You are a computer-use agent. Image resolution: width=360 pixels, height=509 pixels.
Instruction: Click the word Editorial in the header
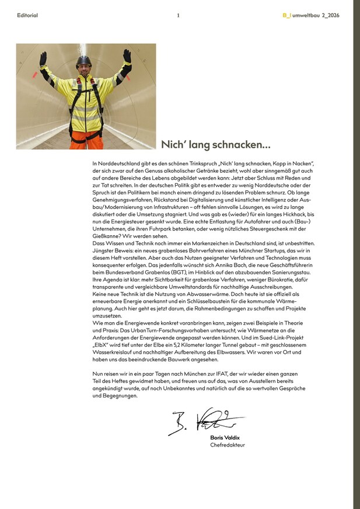point(27,16)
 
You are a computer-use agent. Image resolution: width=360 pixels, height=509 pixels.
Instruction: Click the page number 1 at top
point(179,16)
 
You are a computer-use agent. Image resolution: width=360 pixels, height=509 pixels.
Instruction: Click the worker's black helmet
point(85,60)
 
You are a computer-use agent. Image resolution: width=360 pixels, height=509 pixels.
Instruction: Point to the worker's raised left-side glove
point(43,59)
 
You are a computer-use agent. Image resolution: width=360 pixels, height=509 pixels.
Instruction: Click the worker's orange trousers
point(85,138)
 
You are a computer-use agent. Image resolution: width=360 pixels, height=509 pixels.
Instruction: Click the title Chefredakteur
point(228,445)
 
